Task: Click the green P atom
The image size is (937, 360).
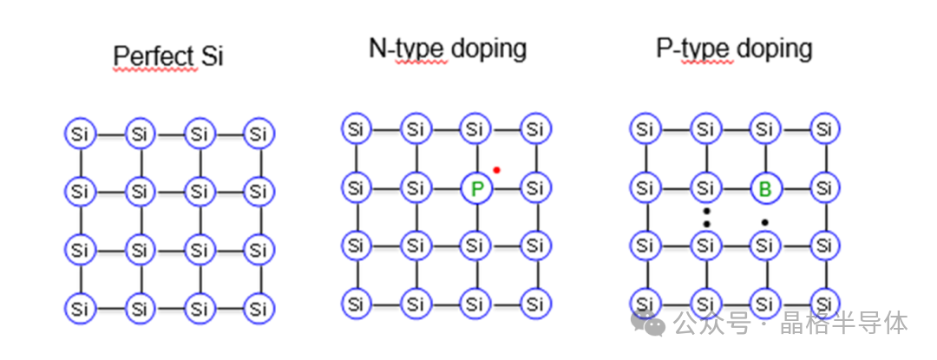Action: pos(477,188)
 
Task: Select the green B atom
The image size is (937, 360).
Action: pos(765,188)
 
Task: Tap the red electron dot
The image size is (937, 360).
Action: pos(496,170)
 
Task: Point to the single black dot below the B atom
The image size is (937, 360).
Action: pos(765,223)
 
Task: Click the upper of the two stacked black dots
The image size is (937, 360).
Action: pos(706,211)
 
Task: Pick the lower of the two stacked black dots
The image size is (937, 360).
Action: pos(706,224)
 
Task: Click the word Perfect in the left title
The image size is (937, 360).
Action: pos(154,56)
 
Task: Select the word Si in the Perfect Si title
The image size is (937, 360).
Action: pos(213,56)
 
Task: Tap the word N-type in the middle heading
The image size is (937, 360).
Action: pos(407,49)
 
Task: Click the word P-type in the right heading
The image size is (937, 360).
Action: pos(694,49)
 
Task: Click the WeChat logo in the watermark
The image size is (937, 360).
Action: pos(648,323)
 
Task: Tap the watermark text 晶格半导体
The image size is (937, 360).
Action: pos(844,323)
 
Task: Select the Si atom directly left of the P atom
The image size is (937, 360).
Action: pos(416,188)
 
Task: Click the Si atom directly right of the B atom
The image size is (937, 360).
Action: pos(825,188)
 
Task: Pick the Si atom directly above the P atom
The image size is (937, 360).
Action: pos(475,129)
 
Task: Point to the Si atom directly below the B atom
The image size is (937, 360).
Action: pos(765,245)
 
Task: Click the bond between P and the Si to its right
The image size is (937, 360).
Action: pos(506,188)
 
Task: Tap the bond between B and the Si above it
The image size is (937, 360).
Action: pos(765,159)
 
